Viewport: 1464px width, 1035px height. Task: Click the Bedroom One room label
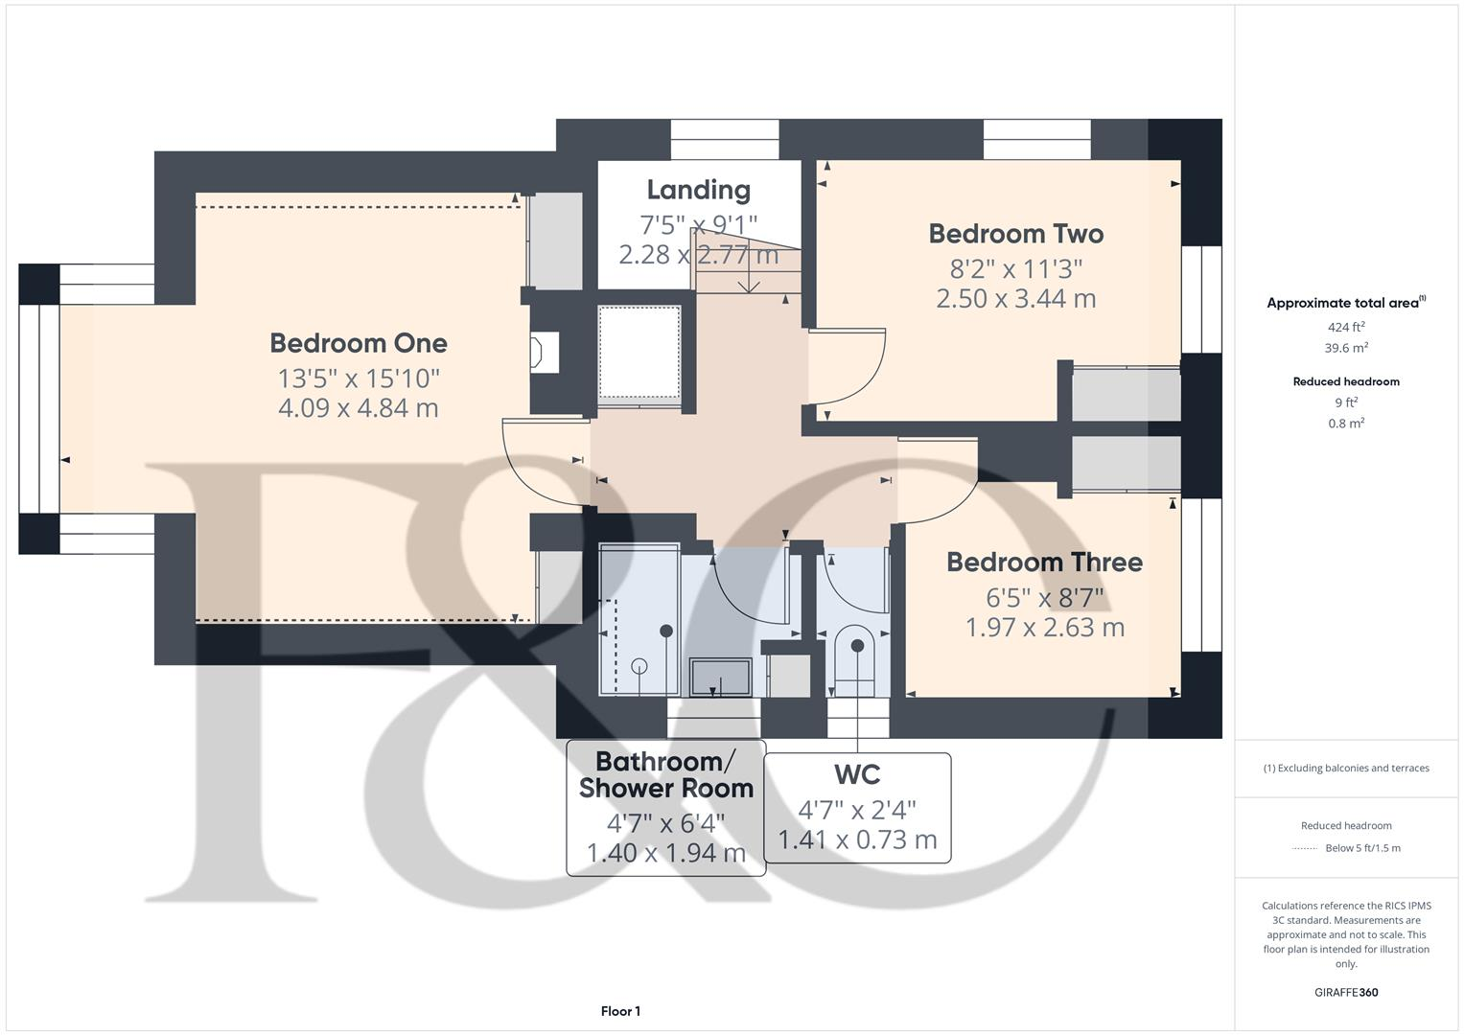[x=358, y=343]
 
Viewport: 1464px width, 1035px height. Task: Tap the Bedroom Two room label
[x=1015, y=234]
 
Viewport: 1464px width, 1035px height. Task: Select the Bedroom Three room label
[x=1044, y=563]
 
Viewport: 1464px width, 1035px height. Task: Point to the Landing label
[x=698, y=190]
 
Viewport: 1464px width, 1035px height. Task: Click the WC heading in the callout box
[x=857, y=774]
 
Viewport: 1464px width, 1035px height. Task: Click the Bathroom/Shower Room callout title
[x=666, y=775]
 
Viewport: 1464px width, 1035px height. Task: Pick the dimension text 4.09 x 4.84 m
[x=358, y=408]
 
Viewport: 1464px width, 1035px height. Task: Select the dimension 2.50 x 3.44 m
[x=1015, y=299]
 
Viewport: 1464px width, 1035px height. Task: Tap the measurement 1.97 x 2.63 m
[x=1044, y=628]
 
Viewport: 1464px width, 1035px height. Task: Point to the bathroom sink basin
[x=721, y=677]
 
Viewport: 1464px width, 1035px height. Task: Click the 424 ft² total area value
[x=1345, y=327]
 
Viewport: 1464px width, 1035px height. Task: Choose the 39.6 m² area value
[x=1345, y=349]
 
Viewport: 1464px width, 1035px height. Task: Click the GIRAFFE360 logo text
[x=1345, y=993]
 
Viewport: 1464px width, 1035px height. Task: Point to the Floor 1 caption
[x=620, y=1011]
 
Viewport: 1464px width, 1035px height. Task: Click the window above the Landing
[x=724, y=140]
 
